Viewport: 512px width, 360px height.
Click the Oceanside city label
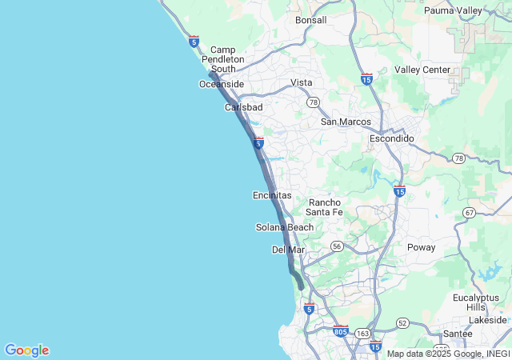coord(221,84)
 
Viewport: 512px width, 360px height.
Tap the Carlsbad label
coord(243,106)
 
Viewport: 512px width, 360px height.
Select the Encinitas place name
coord(272,195)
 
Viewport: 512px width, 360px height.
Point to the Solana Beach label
coord(285,227)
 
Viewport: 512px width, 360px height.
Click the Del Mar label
coord(289,250)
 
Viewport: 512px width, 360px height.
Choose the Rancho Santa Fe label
coord(325,207)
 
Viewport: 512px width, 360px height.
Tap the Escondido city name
coord(392,138)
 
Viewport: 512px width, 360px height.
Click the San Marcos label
coord(346,122)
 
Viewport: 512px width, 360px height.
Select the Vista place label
coord(302,82)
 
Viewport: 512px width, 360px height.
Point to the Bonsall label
coord(311,20)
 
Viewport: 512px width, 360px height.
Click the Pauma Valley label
coord(453,10)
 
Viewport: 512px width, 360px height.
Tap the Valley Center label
coord(422,70)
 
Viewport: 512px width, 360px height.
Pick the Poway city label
coord(421,247)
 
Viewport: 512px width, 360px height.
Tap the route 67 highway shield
coord(469,212)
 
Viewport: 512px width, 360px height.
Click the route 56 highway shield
coord(337,246)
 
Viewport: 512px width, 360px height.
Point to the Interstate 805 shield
coord(340,330)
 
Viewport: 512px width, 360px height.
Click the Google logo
coord(26,350)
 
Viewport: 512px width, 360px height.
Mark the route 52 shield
coord(402,322)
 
